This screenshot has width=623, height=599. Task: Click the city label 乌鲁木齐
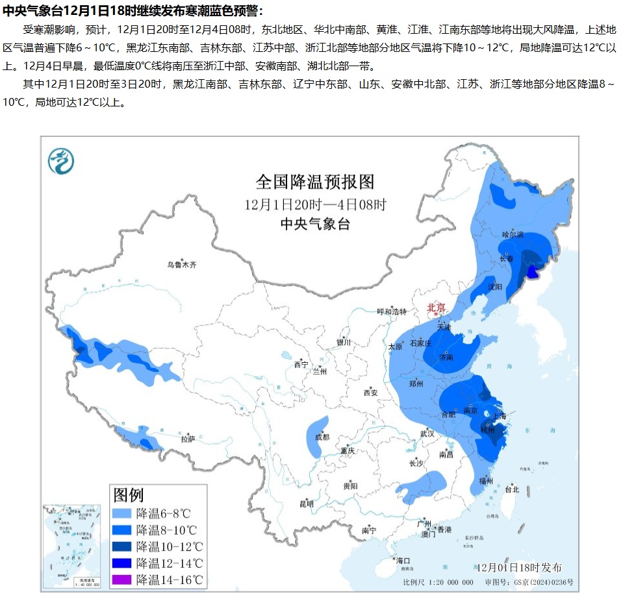(x=181, y=265)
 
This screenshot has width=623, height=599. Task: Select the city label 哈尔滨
(x=513, y=234)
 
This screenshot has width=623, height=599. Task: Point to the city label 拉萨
(x=188, y=439)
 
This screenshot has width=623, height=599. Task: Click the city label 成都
(x=322, y=437)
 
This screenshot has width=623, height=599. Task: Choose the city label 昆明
(x=306, y=504)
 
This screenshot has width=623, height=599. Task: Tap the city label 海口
(x=403, y=560)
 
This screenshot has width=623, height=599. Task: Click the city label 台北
(x=513, y=489)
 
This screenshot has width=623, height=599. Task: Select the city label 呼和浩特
(x=394, y=312)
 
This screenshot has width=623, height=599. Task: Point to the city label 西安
(x=370, y=392)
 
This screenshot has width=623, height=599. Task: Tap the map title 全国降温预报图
(x=315, y=181)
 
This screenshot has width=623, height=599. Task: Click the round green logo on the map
(x=61, y=160)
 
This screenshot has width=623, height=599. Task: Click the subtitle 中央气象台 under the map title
(x=315, y=225)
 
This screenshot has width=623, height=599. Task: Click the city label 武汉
(x=427, y=433)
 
